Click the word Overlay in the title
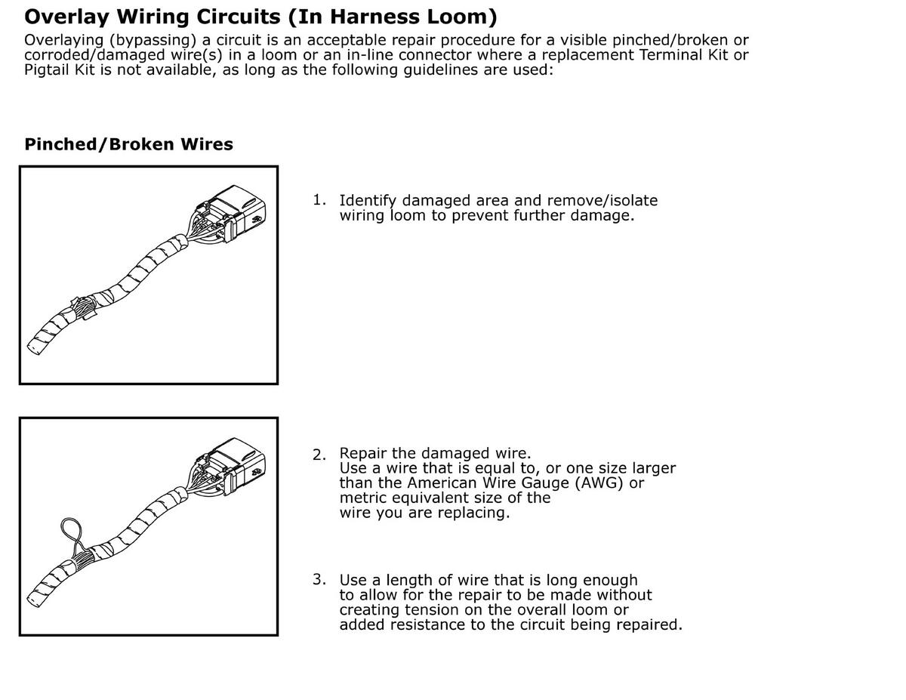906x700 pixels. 66,17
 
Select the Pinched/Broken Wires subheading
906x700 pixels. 128,144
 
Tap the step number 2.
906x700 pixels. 319,455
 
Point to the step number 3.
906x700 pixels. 319,579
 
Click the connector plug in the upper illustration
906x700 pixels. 231,214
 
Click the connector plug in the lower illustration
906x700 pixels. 231,467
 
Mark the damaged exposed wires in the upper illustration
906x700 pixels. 85,309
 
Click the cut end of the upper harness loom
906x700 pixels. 33,347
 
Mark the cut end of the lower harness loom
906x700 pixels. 33,599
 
